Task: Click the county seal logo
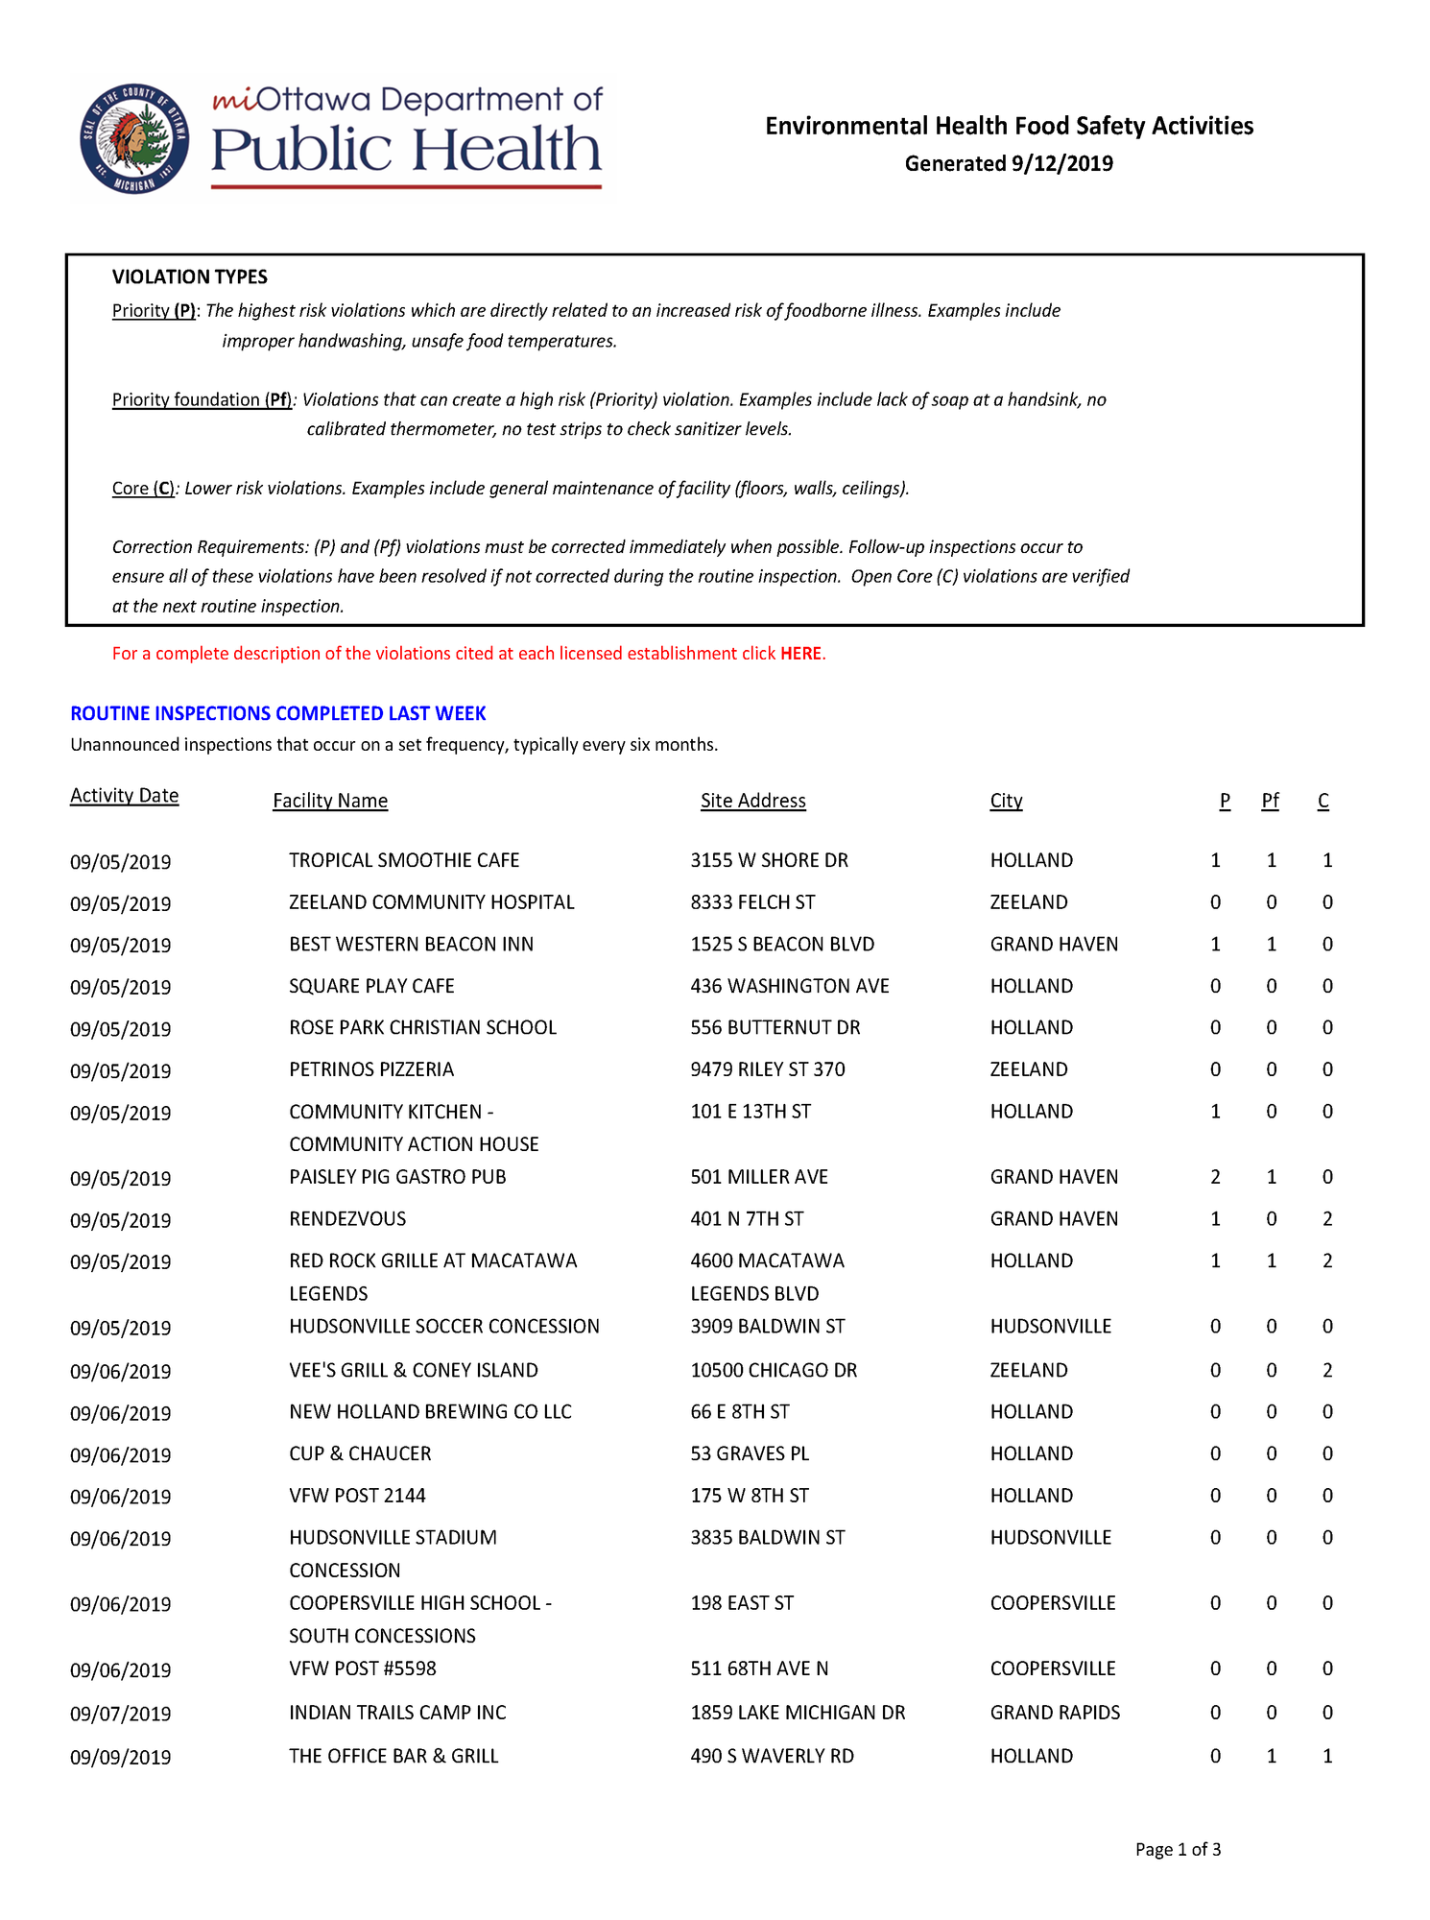coord(134,139)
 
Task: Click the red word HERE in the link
coord(800,654)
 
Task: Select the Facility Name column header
coord(330,801)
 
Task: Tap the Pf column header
coord(1270,801)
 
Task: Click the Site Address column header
coord(752,801)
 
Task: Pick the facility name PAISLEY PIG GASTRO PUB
coord(397,1177)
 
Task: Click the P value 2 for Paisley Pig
coord(1215,1177)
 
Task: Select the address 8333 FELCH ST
coord(752,902)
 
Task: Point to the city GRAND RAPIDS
coord(1055,1713)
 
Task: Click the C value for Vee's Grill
coord(1327,1371)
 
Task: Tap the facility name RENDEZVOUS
coord(347,1219)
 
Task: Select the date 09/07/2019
coord(120,1714)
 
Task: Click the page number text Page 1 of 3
coord(1178,1850)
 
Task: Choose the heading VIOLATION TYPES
coord(189,277)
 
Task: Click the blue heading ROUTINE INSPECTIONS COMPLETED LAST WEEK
coord(278,713)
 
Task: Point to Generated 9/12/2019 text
coord(1009,163)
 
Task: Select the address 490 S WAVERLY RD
coord(772,1756)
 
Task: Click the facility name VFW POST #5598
coord(363,1668)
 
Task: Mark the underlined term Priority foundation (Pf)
coord(203,399)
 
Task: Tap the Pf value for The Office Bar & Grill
coord(1271,1756)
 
